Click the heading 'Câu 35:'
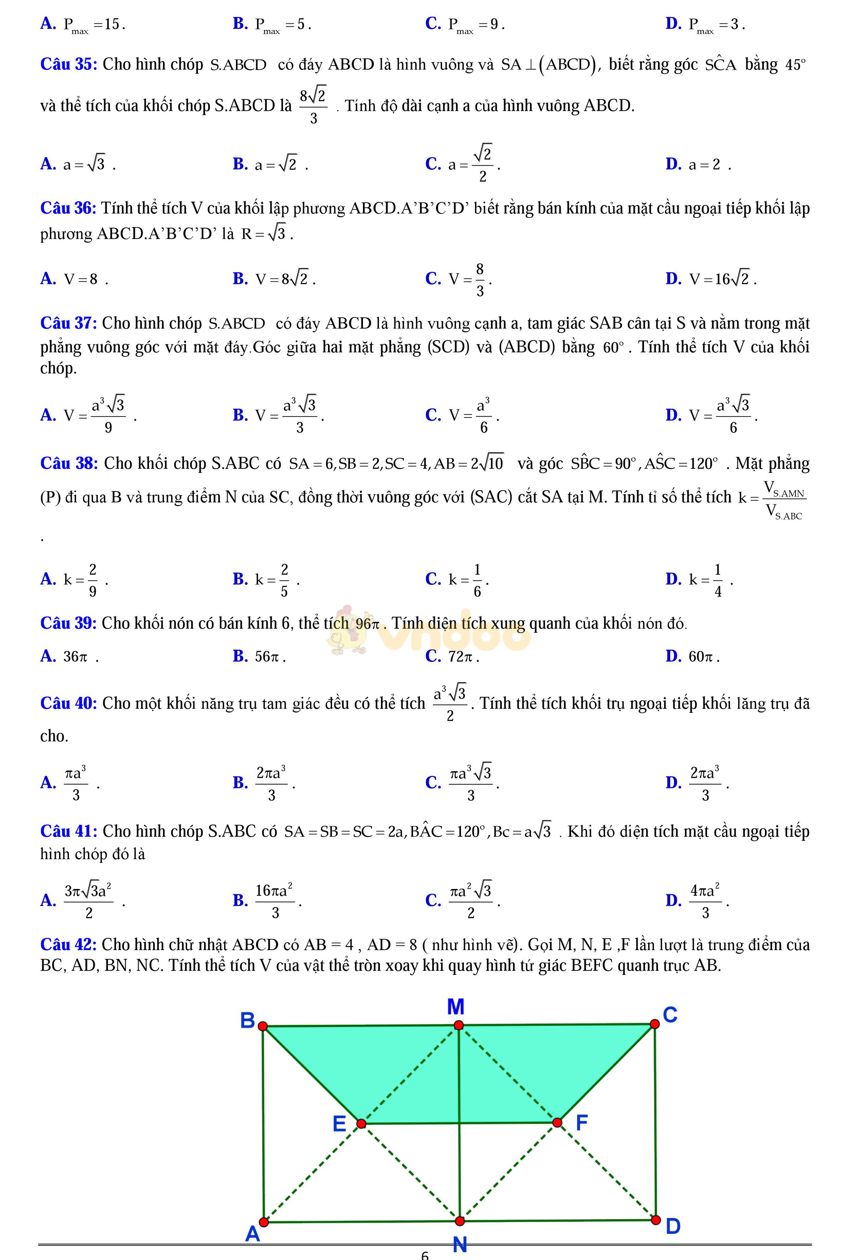pyautogui.click(x=68, y=64)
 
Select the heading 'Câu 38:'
pyautogui.click(x=69, y=463)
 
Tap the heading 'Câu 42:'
pyautogui.click(x=68, y=944)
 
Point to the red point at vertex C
pyautogui.click(x=655, y=1024)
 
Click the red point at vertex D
pyautogui.click(x=656, y=1220)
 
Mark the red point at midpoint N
pyautogui.click(x=460, y=1221)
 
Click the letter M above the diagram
pyautogui.click(x=455, y=1007)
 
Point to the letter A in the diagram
pyautogui.click(x=253, y=1234)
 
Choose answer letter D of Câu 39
pyautogui.click(x=673, y=656)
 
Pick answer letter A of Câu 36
pyautogui.click(x=48, y=279)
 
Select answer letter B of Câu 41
pyautogui.click(x=240, y=900)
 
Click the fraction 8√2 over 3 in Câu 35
pyautogui.click(x=313, y=106)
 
